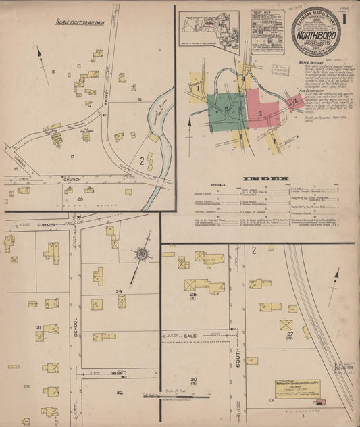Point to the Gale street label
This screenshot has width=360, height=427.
pos(191,335)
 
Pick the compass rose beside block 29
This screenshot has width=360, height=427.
pos(142,254)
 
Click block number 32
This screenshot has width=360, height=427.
pos(119,393)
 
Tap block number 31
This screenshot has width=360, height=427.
pos(39,328)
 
